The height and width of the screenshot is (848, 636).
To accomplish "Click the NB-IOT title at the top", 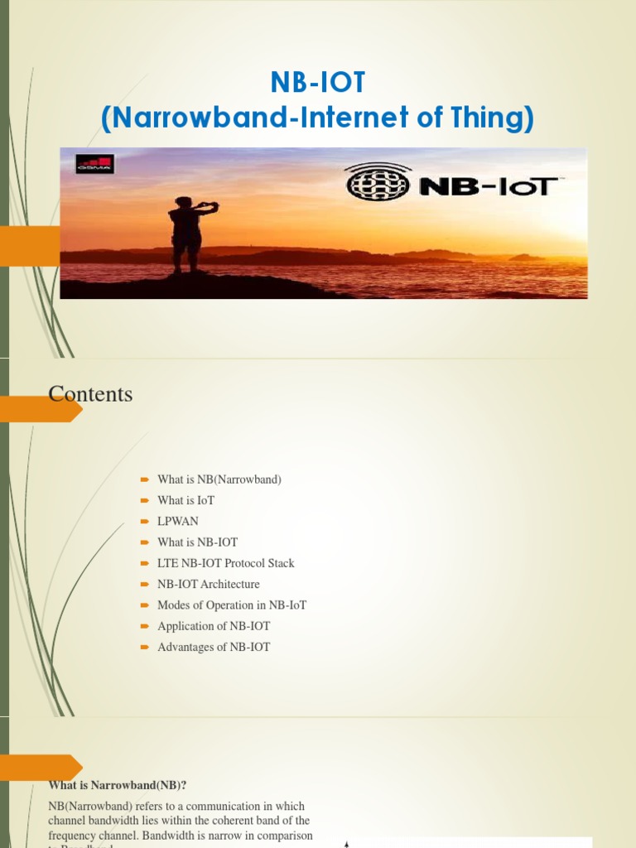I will point(317,83).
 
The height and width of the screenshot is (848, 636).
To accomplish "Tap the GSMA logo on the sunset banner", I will point(94,164).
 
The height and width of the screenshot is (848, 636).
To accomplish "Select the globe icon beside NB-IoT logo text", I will point(377,181).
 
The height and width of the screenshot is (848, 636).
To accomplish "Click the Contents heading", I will point(90,394).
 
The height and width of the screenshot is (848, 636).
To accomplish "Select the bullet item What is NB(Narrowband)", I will point(219,479).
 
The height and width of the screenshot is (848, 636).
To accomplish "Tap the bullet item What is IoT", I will point(185,500).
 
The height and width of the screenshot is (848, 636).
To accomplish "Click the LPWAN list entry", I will point(178,521).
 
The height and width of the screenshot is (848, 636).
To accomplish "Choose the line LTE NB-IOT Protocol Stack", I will point(225,563).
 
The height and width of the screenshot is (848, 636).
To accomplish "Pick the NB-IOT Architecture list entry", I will point(208,584).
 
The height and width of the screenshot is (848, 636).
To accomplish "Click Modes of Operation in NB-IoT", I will point(232,605).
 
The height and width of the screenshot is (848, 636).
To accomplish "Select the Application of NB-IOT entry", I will point(214,626).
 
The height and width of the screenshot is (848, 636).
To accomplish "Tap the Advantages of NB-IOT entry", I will point(214,647).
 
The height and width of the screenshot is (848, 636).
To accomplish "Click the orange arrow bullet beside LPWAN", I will point(144,521).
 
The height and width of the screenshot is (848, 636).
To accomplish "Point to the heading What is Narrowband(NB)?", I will point(112,785).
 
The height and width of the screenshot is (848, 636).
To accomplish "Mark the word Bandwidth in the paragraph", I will point(171,836).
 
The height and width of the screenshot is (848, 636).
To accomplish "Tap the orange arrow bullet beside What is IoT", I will point(144,500).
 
